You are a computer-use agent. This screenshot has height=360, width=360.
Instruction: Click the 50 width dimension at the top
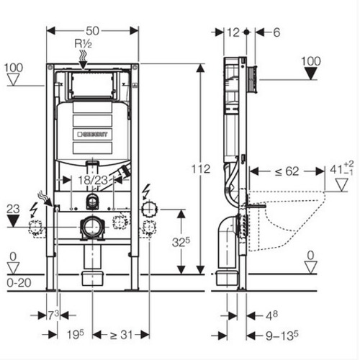click(92, 31)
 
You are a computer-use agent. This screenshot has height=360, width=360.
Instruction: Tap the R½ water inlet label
click(83, 43)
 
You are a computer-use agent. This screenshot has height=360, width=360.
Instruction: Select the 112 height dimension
click(201, 169)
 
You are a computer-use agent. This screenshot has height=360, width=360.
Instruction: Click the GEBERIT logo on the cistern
click(92, 134)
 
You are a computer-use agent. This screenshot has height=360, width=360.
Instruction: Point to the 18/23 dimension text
click(93, 180)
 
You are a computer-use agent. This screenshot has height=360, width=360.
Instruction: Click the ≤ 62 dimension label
click(287, 171)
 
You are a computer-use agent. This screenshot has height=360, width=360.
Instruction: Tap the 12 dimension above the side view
click(233, 32)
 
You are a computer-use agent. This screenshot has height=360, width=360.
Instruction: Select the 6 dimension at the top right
click(276, 32)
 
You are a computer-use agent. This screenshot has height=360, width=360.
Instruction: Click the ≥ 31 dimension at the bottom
click(121, 335)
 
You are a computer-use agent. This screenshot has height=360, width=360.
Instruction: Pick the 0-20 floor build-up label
click(19, 283)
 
